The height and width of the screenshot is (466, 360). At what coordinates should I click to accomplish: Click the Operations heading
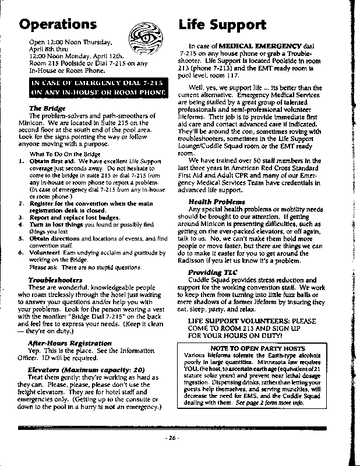click(x=58, y=24)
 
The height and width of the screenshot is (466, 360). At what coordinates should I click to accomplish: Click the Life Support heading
click(x=223, y=24)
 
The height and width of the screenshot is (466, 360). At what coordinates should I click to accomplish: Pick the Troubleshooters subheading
click(x=55, y=280)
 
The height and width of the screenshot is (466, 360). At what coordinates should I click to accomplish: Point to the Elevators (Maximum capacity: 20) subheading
click(x=86, y=369)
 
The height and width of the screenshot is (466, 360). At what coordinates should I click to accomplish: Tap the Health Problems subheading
click(x=213, y=201)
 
